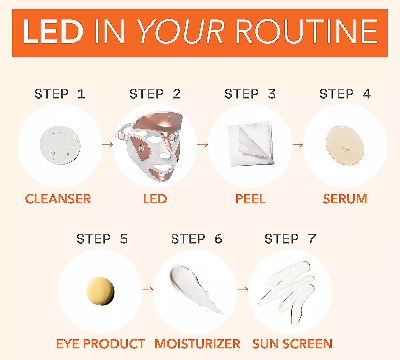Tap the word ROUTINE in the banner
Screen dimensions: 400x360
point(307,32)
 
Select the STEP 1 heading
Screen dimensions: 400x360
point(60,94)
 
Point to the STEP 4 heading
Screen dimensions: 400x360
point(345,94)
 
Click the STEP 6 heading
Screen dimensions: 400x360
point(197,239)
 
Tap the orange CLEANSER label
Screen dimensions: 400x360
point(58,199)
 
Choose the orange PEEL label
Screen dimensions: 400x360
point(250,199)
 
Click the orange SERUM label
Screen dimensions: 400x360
point(345,199)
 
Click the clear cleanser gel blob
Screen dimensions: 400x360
point(60,145)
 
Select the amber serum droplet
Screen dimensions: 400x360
point(345,145)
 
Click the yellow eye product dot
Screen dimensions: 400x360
point(100,291)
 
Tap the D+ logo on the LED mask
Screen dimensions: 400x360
point(142,148)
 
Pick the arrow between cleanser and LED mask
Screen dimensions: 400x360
point(107,144)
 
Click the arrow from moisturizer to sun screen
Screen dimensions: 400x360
point(243,289)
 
